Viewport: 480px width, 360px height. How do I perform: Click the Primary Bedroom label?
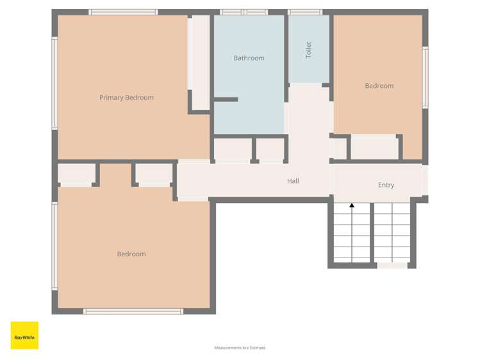click(x=126, y=98)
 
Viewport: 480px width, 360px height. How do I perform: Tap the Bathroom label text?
click(x=249, y=58)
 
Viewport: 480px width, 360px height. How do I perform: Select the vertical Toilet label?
click(x=308, y=50)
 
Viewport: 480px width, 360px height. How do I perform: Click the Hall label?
click(x=293, y=181)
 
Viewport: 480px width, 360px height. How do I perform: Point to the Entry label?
click(x=386, y=185)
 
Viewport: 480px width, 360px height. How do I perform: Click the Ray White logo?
click(x=24, y=336)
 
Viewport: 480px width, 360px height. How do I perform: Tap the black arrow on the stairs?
click(x=352, y=206)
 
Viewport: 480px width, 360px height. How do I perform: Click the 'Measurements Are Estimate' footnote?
click(x=240, y=348)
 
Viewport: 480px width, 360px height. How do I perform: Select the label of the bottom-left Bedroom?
click(x=131, y=254)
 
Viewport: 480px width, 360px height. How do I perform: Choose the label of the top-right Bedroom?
click(x=379, y=86)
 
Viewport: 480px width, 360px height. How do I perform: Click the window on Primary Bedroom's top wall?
click(x=123, y=12)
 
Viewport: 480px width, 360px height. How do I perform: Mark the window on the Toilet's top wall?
click(x=305, y=12)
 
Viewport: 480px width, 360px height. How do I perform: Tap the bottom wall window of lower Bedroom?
click(x=133, y=311)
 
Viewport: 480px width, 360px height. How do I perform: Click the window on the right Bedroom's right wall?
click(x=425, y=77)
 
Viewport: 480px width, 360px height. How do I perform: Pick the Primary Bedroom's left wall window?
click(x=55, y=83)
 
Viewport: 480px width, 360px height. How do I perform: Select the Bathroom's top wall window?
click(x=244, y=12)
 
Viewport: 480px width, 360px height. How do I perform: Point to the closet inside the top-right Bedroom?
click(x=374, y=148)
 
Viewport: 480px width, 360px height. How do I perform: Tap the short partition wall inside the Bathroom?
click(x=226, y=99)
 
